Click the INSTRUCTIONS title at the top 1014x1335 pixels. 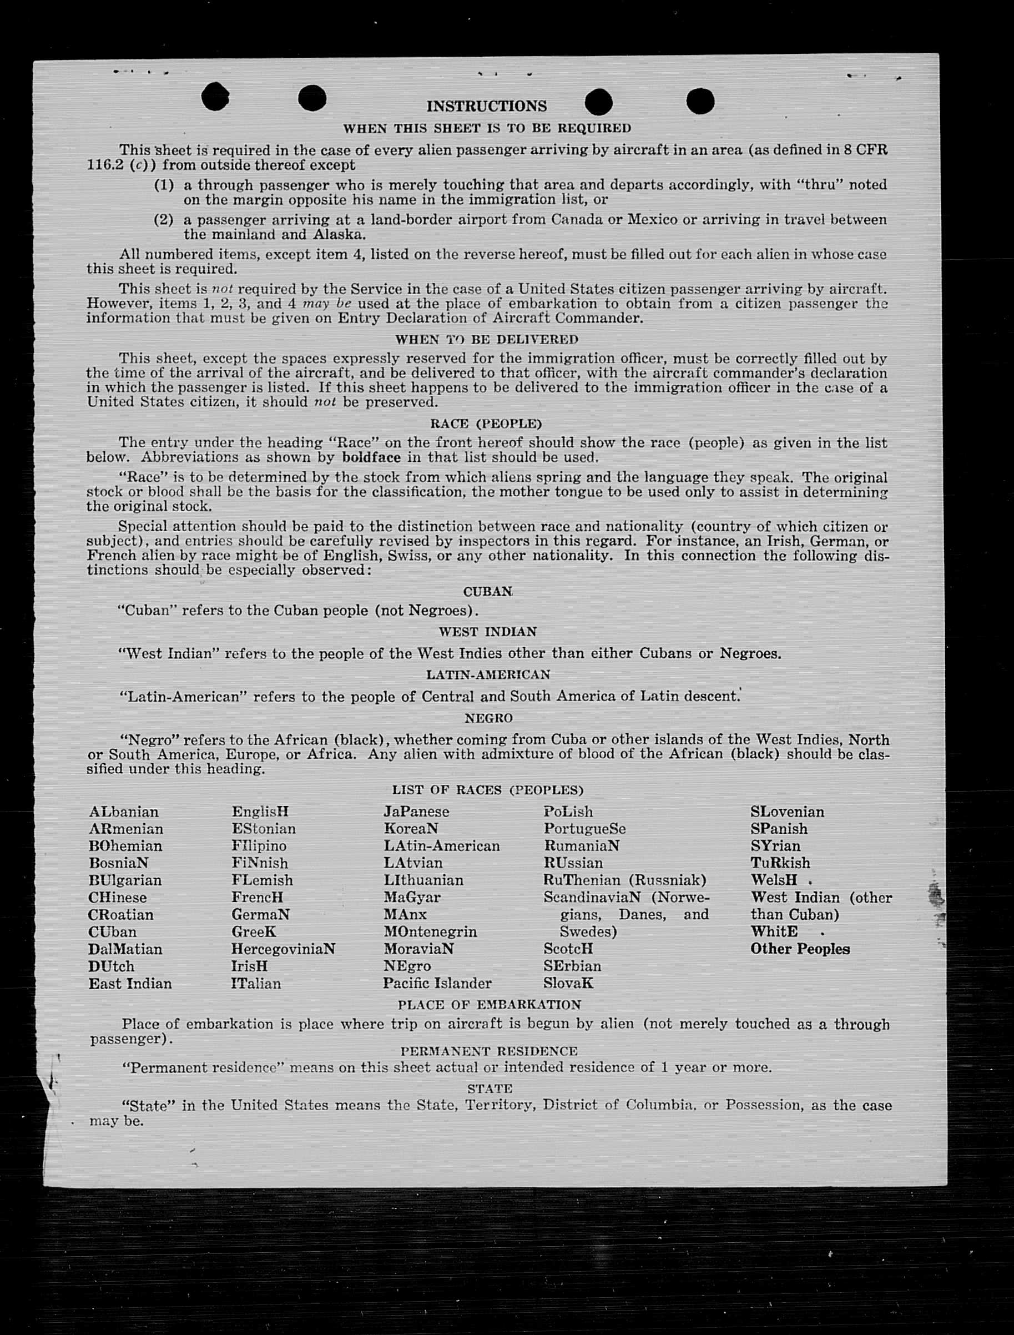tap(487, 106)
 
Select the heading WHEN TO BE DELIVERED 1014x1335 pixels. tap(487, 340)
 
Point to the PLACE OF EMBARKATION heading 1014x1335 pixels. tap(489, 1005)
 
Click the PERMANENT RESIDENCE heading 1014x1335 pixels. tap(489, 1051)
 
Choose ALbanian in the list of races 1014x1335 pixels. tap(124, 812)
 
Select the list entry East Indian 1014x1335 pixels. tap(130, 984)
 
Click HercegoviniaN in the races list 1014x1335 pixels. tap(283, 949)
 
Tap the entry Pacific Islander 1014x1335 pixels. tap(437, 984)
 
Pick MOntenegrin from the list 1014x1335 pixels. tap(430, 932)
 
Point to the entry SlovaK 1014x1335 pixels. tap(568, 984)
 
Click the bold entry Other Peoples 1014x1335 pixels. tap(800, 949)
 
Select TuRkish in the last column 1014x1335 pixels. tap(780, 863)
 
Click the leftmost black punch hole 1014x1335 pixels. tap(215, 97)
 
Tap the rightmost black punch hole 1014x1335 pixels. tap(700, 101)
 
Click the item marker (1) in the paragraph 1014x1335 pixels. tap(164, 185)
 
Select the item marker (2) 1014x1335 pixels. tap(164, 220)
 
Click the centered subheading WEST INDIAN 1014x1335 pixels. tap(487, 632)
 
